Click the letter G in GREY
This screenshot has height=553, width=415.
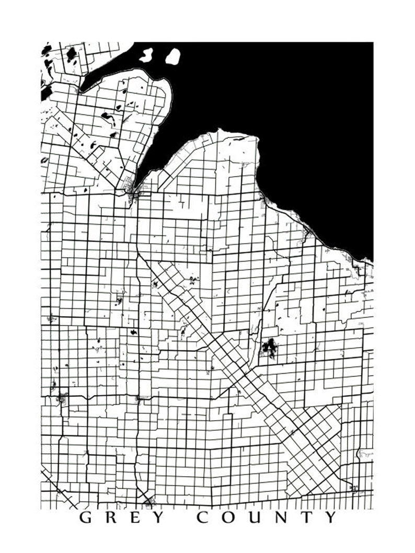(x=86, y=518)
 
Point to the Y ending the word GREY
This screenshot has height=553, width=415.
(x=159, y=518)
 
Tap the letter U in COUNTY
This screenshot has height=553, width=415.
(x=255, y=518)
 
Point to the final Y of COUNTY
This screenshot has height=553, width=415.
(x=331, y=518)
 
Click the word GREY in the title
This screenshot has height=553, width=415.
(x=122, y=518)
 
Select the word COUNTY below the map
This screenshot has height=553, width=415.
(x=267, y=518)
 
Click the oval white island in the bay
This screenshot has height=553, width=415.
(x=172, y=56)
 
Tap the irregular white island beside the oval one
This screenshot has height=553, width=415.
(x=146, y=54)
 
